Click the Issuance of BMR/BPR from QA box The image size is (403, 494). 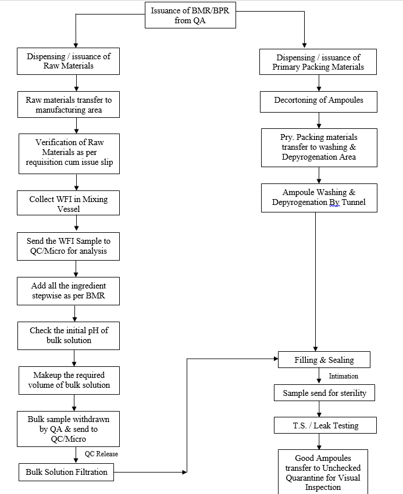pyautogui.click(x=190, y=15)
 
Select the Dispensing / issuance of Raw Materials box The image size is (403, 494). pyautogui.click(x=69, y=61)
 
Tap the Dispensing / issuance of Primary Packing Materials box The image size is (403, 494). pyautogui.click(x=318, y=62)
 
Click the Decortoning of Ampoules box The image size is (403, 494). pyautogui.click(x=318, y=100)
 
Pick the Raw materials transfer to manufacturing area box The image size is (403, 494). pyautogui.click(x=69, y=104)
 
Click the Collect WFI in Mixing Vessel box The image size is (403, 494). pyautogui.click(x=69, y=204)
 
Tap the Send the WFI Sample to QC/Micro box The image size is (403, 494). pyautogui.click(x=69, y=246)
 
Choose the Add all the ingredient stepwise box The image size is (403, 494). pyautogui.click(x=69, y=291)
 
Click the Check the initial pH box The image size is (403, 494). pyautogui.click(x=69, y=335)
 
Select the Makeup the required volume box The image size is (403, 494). pyautogui.click(x=69, y=380)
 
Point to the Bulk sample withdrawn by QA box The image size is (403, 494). pyautogui.click(x=69, y=429)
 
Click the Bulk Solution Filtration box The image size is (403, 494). pyautogui.click(x=66, y=472)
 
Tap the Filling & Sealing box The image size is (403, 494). pyautogui.click(x=324, y=360)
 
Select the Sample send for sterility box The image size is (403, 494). pyautogui.click(x=324, y=393)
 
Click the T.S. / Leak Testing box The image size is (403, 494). pyautogui.click(x=325, y=426)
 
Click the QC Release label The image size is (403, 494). pyautogui.click(x=101, y=454)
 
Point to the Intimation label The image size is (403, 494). pyautogui.click(x=344, y=376)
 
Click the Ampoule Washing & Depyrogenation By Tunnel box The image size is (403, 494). pyautogui.click(x=319, y=197)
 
